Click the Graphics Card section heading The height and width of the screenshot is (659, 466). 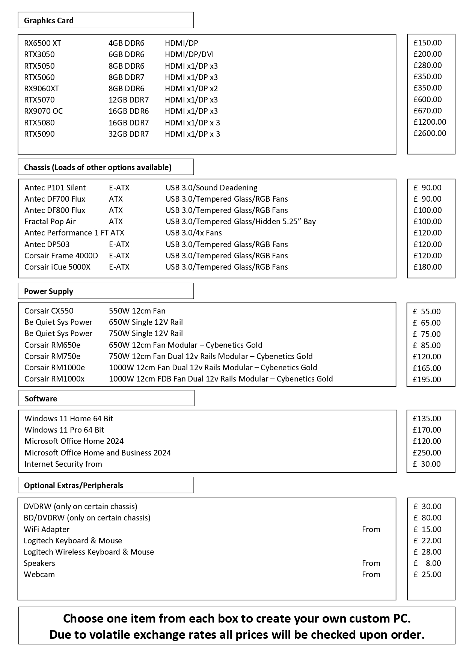tap(49, 21)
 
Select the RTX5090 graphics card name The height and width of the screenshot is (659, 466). tap(39, 134)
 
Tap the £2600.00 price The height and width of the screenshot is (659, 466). tap(430, 133)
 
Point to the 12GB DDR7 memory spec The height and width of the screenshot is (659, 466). tap(128, 100)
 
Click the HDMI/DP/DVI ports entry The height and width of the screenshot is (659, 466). tap(189, 54)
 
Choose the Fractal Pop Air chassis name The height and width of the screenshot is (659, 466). tap(50, 222)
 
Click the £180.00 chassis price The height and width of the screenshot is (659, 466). tap(427, 267)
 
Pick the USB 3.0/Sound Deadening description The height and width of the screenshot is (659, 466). tap(211, 188)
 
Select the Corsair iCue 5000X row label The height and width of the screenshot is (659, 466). tap(57, 267)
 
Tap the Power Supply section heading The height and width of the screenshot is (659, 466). tap(48, 291)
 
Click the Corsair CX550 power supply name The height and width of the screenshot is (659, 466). tap(49, 311)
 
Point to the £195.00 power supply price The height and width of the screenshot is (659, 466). tap(427, 380)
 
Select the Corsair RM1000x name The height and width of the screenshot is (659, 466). tap(54, 379)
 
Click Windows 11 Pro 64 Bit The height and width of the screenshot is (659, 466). tap(64, 430)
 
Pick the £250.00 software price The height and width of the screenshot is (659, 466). tap(427, 453)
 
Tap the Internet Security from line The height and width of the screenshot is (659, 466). tap(63, 464)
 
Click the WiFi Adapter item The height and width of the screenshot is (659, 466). tap(47, 529)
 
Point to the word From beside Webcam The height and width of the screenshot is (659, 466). tap(371, 575)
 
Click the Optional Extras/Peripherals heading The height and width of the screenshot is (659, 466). tap(74, 486)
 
